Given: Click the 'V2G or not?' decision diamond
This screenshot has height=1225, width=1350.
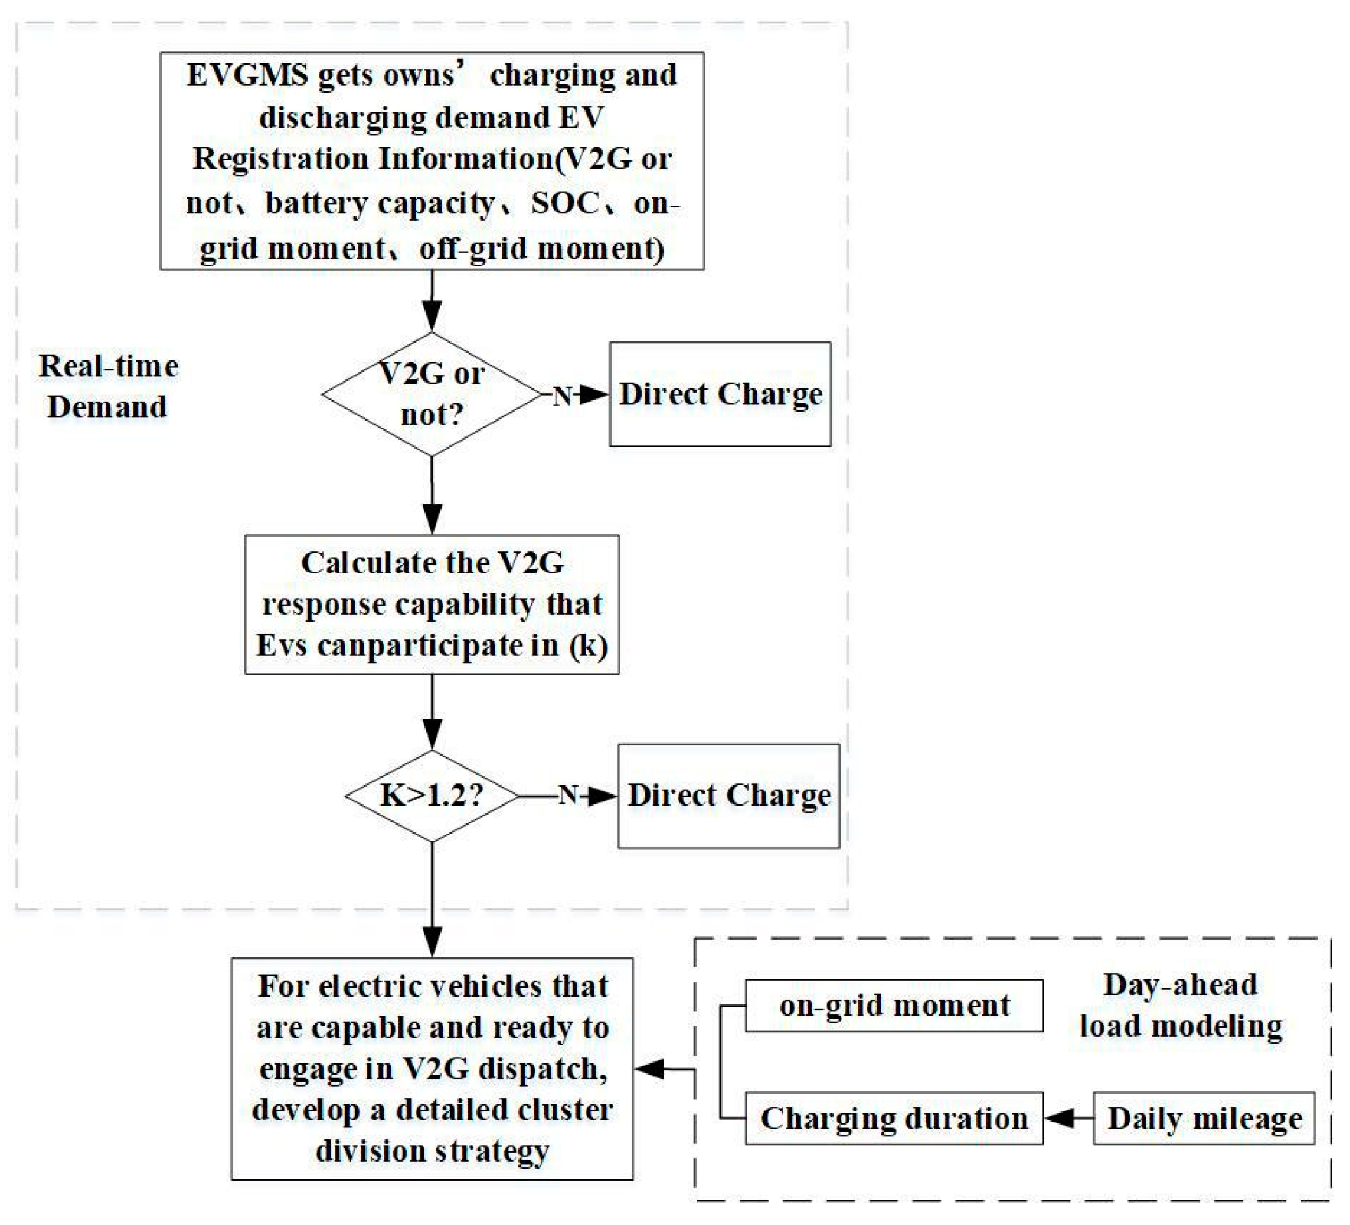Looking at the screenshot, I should pyautogui.click(x=432, y=394).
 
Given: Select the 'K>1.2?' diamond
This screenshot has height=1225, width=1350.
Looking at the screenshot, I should pyautogui.click(x=432, y=796).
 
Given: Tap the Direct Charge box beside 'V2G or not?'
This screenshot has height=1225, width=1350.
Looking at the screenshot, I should pyautogui.click(x=720, y=394).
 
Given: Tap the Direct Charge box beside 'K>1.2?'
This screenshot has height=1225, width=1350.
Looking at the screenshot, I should pyautogui.click(x=728, y=796).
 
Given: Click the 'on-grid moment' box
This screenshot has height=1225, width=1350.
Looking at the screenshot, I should pyautogui.click(x=894, y=1006).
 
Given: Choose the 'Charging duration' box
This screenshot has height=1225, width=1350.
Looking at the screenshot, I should pyautogui.click(x=894, y=1118).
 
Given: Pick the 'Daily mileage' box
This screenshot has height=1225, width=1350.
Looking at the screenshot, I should pyautogui.click(x=1204, y=1118).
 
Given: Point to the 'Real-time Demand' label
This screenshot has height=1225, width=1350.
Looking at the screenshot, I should pyautogui.click(x=108, y=386).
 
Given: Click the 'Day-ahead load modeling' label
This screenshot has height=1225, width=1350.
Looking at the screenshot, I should pyautogui.click(x=1181, y=1006).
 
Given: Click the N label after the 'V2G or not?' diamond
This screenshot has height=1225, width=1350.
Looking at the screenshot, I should pyautogui.click(x=562, y=396).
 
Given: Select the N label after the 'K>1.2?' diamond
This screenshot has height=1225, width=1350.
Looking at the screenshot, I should pyautogui.click(x=568, y=795).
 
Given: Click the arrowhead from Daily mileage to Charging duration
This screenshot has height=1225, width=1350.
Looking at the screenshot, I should pyautogui.click(x=1059, y=1118).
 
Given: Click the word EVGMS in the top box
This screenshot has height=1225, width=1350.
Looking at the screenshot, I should pyautogui.click(x=247, y=75).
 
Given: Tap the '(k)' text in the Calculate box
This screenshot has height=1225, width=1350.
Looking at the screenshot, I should pyautogui.click(x=588, y=646).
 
